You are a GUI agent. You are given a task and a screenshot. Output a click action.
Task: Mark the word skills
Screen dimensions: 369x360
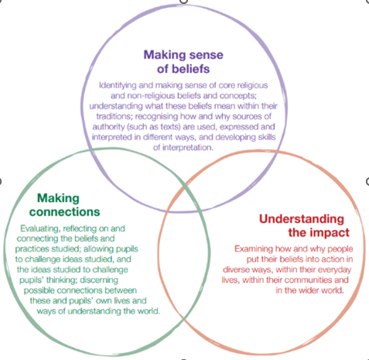pos(267,137)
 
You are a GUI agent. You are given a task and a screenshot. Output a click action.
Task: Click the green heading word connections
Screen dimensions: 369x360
pos(64,212)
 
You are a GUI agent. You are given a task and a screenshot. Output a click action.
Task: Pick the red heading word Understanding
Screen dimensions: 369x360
pos(302,219)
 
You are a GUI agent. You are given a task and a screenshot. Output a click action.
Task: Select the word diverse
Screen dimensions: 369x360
pos(235,269)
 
